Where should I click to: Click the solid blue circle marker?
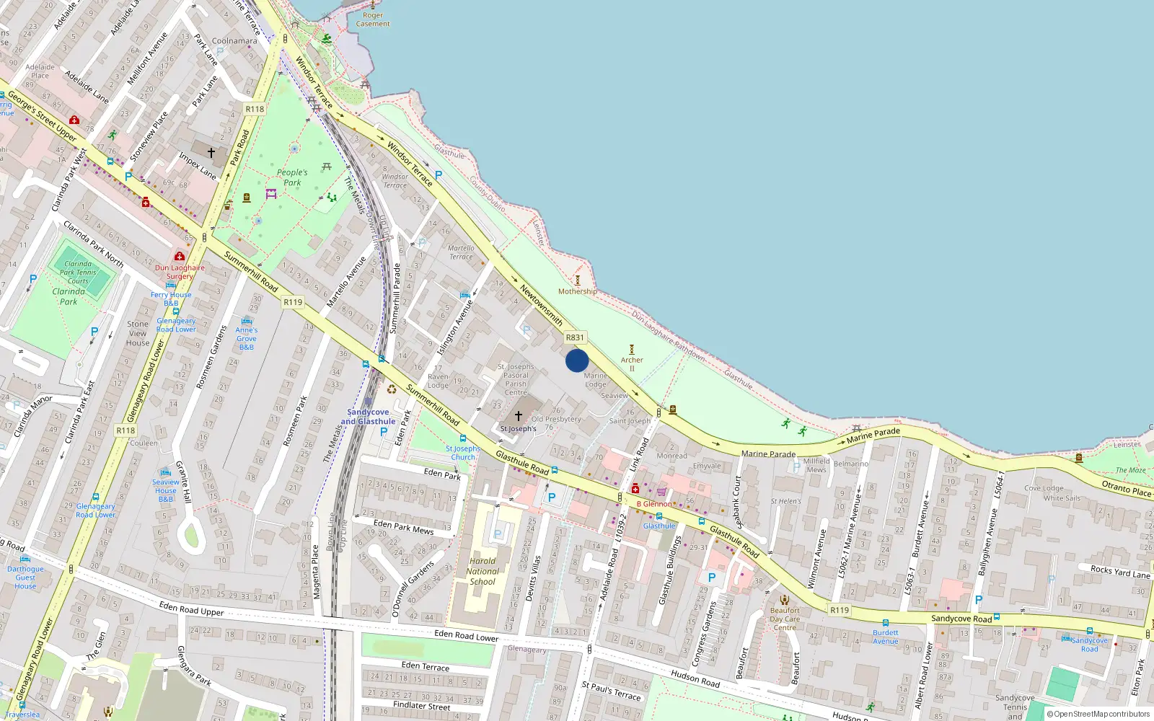coord(577,360)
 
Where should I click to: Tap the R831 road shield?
coord(575,337)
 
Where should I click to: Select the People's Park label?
coord(292,177)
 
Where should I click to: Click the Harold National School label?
coord(483,571)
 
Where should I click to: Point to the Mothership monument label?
coord(577,291)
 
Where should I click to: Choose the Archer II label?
coord(632,363)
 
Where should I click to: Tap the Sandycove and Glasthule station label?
coord(368,417)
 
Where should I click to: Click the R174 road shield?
coord(125,430)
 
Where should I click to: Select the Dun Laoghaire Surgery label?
coord(180,272)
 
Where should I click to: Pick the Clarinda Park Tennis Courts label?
coord(78,273)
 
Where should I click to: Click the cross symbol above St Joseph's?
coord(518,416)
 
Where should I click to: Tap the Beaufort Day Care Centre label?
coord(785,619)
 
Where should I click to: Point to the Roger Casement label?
coord(373,19)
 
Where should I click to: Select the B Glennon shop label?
coord(654,504)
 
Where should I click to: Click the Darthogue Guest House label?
coord(25,578)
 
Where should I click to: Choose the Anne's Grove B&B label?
coord(247,338)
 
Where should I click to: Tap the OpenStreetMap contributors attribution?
coord(1098,714)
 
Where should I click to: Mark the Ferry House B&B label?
coord(171,298)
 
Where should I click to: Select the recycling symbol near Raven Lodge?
coord(391,389)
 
